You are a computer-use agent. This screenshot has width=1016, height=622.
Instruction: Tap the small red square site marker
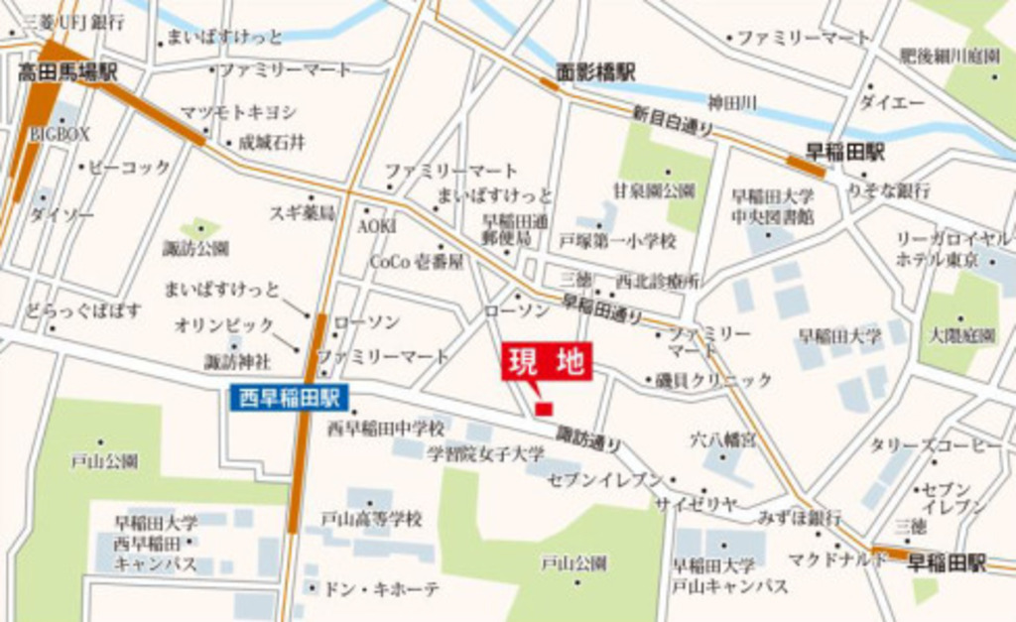point(544,408)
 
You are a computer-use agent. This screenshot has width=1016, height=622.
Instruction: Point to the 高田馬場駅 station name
point(67,72)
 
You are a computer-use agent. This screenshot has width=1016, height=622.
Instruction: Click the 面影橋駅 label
point(595,72)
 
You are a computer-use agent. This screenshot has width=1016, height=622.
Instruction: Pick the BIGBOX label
point(60,132)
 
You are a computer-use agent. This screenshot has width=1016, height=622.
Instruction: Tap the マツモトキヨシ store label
point(238,112)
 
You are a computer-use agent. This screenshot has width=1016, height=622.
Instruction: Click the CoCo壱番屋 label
point(417,262)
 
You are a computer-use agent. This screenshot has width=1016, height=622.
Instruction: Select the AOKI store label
point(377,226)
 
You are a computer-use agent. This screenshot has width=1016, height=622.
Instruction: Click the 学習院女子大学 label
point(486,453)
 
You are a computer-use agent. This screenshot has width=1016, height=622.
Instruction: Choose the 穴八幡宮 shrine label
point(722,437)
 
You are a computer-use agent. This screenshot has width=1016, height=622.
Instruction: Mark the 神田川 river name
point(732,101)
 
